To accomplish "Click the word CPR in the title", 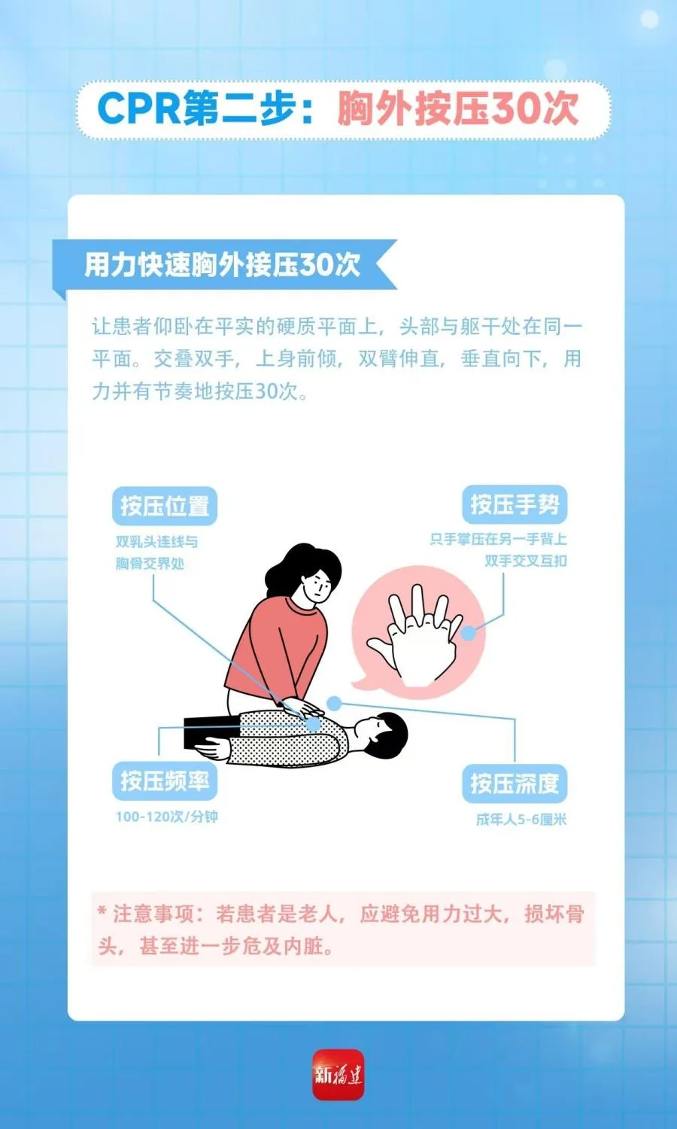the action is point(138,108).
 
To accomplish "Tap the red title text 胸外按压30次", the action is point(457,108).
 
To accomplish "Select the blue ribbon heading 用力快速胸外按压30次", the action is point(222,265).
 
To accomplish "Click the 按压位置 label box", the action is point(165,506).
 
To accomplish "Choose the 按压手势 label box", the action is point(515,504).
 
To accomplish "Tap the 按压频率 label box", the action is point(165,781).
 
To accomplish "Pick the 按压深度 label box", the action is point(515,784).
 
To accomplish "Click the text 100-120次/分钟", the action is point(167,817).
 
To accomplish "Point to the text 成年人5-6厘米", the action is point(521,820).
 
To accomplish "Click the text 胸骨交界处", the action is point(150,564).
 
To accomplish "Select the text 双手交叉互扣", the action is point(526,561).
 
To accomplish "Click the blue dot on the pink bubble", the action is point(469,633).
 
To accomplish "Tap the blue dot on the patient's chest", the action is point(314,724).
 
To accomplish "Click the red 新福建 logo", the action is point(338,1075).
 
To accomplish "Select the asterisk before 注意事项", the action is point(102,912).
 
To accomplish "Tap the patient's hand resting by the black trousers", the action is point(211,748).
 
